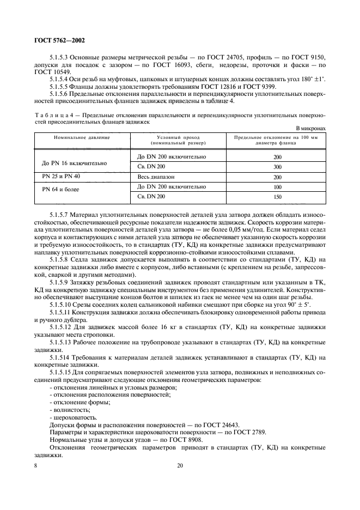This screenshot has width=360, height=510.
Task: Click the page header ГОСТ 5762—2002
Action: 58,40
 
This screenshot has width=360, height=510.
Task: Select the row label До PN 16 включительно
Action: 74,162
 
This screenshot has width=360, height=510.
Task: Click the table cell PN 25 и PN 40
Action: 61,177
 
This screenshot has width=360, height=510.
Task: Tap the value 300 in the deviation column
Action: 277,167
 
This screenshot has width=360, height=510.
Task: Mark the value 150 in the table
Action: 277,197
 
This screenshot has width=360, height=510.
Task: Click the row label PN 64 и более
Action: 60,190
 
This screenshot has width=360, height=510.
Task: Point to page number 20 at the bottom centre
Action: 180,465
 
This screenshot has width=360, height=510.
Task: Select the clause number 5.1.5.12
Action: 63,326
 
